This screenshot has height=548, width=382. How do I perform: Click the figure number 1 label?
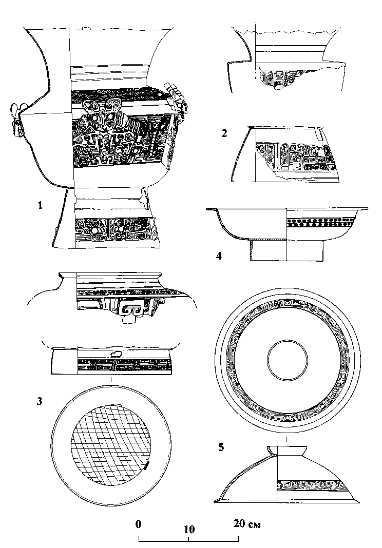coord(40,206)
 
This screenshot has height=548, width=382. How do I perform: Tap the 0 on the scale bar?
coord(138,524)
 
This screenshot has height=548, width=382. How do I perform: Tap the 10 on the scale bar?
coord(188,528)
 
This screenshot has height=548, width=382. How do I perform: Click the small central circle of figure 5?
coord(286,362)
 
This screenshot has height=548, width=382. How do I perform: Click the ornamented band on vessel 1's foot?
coord(116,229)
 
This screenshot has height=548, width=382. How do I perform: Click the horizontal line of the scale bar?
coord(188,540)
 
